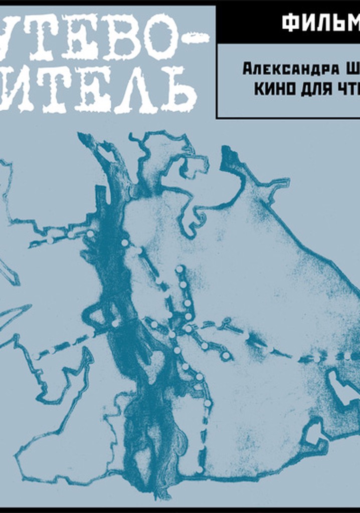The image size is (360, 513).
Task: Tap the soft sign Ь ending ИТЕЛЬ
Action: coord(175,90)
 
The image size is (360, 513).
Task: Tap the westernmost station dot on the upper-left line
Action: coord(50,240)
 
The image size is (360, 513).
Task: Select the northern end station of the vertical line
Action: coord(179,270)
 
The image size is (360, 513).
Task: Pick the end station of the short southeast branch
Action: coord(226,356)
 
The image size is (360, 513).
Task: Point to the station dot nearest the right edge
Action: coord(347,356)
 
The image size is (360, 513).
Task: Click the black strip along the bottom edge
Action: coord(180,510)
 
